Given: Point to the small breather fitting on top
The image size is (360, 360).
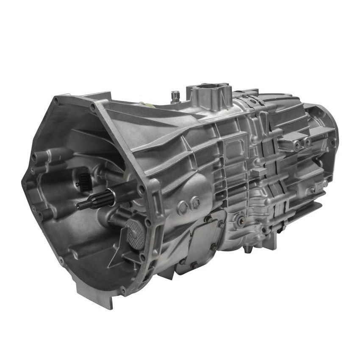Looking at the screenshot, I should coord(174,95).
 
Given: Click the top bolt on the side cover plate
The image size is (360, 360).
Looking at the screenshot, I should coord(208,219).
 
